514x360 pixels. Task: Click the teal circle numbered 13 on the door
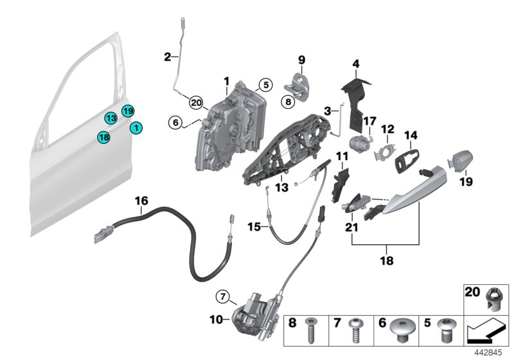[111, 118]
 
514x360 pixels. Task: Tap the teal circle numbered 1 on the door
[136, 128]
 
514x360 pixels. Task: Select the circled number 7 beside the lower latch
[222, 296]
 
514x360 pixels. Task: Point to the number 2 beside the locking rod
[167, 57]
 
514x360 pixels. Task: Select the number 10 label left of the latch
[216, 318]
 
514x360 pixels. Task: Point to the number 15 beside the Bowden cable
[255, 226]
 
